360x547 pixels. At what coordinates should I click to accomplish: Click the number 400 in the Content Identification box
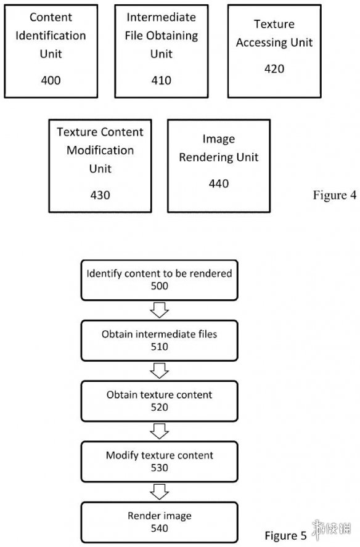51,80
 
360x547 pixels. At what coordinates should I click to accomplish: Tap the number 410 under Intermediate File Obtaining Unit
162,80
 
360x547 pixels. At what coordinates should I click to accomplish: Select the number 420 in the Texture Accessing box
274,69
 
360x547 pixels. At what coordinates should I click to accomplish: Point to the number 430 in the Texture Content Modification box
100,195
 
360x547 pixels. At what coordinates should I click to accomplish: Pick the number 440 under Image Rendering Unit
219,184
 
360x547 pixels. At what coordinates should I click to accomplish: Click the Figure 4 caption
335,195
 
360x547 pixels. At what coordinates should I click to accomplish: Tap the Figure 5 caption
285,535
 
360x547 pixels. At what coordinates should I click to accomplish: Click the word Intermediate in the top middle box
162,17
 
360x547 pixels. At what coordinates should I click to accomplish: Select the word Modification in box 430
100,150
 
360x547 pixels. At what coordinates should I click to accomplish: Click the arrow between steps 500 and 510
160,310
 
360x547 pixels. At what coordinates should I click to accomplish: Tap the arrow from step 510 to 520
160,370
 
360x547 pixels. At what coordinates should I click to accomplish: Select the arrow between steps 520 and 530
160,431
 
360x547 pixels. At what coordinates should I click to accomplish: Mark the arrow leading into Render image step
160,492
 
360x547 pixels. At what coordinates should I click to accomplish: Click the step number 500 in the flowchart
160,286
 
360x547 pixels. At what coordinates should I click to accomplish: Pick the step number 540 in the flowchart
160,528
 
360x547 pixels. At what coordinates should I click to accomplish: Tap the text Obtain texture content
159,395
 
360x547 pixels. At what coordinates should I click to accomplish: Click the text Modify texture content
160,455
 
